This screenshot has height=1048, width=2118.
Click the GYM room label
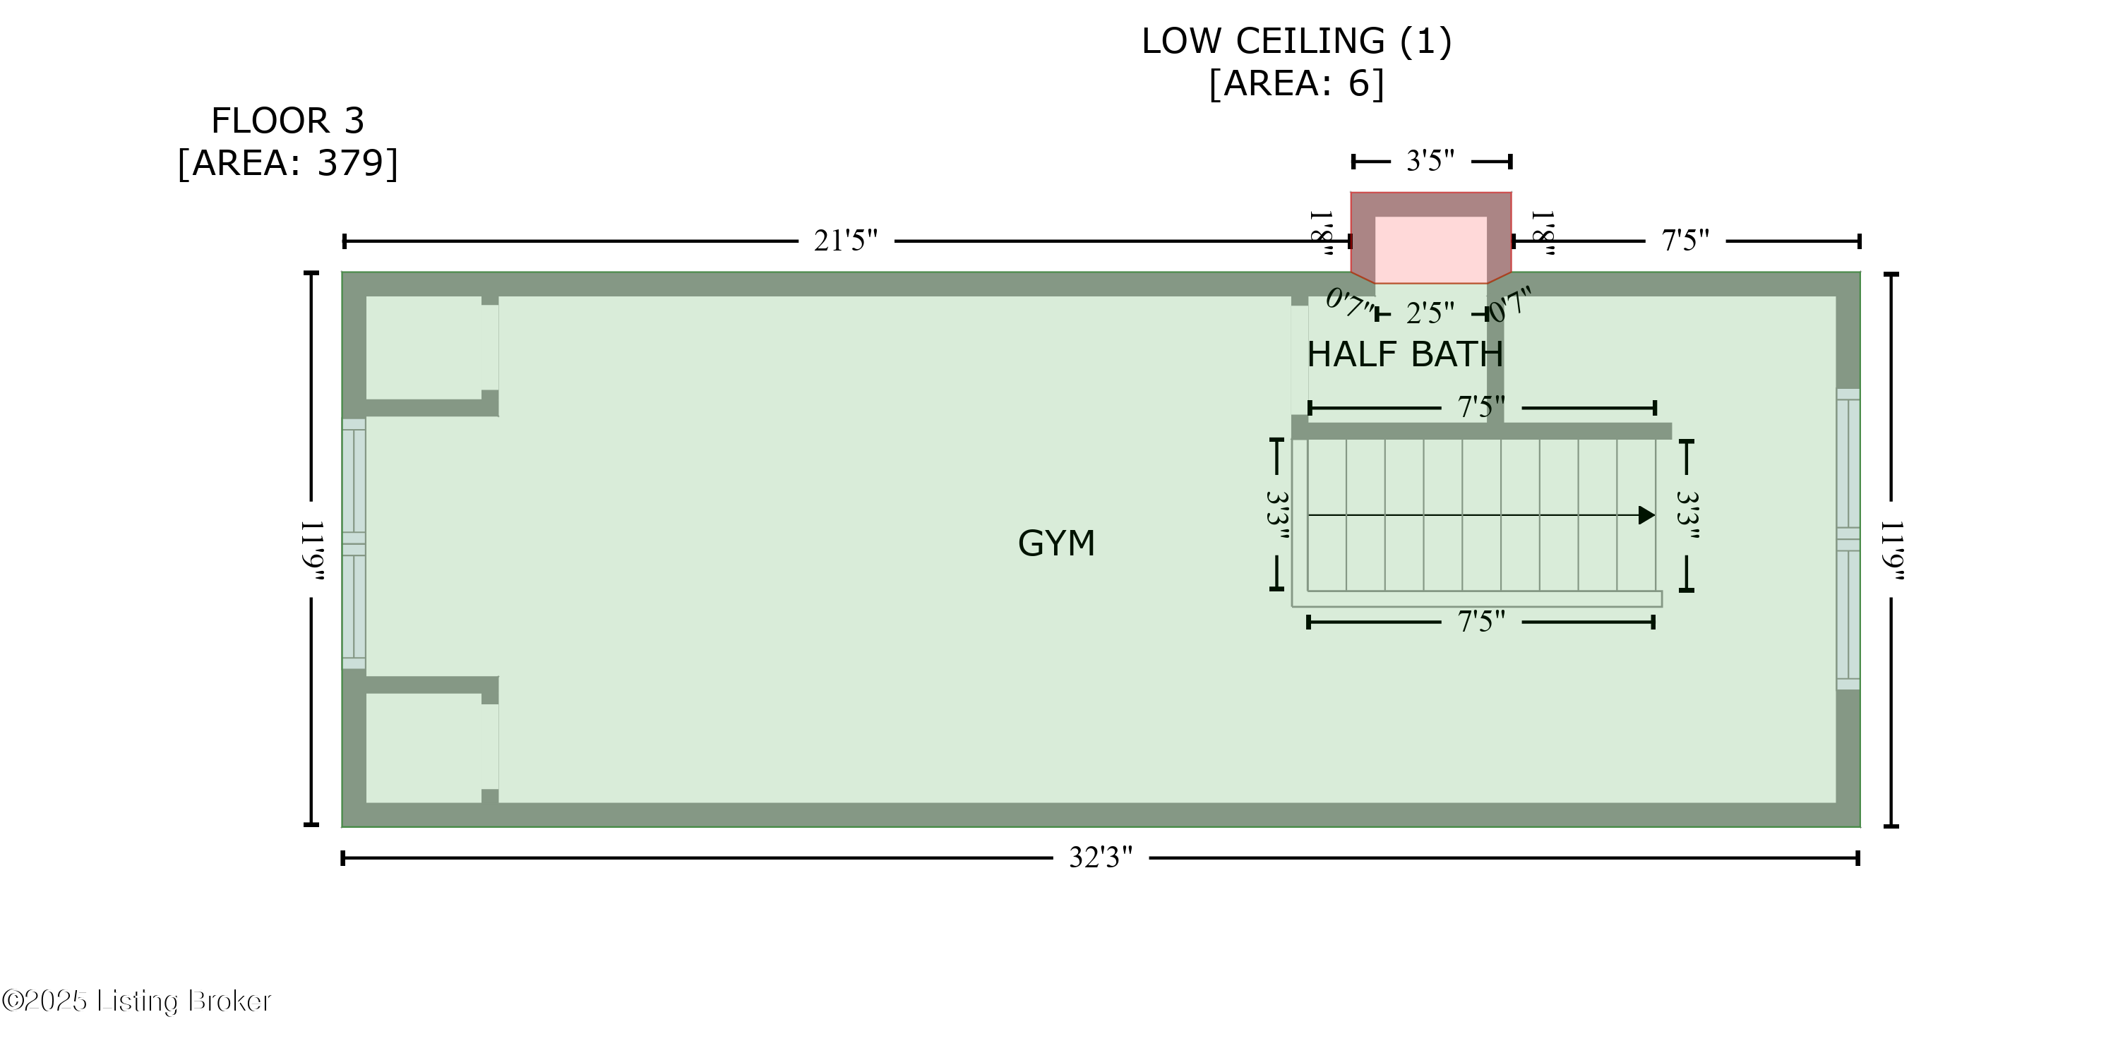(x=1057, y=543)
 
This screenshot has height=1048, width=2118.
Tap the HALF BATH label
(x=1405, y=354)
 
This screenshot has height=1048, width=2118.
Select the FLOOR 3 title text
(x=288, y=121)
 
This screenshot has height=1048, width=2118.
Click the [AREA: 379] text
(x=288, y=163)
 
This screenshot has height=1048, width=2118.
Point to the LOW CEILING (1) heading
(x=1297, y=41)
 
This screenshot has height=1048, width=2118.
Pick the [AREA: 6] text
(x=1297, y=83)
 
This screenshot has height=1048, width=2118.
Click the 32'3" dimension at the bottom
(x=1100, y=858)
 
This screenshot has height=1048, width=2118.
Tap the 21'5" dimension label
(x=846, y=241)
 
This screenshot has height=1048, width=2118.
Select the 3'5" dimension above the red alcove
(x=1430, y=161)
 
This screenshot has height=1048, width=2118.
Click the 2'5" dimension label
(x=1430, y=313)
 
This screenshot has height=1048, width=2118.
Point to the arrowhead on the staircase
(x=1647, y=515)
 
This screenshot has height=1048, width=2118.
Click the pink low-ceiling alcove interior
(x=1430, y=250)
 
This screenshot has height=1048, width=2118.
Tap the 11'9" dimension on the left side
(x=313, y=550)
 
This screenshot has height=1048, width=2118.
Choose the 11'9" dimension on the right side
(x=1891, y=550)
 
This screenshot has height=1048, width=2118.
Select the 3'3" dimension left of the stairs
(x=1277, y=515)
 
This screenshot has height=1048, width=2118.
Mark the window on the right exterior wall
(x=1848, y=539)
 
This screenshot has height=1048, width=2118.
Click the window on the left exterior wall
(x=354, y=543)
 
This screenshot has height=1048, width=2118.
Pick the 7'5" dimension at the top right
(x=1685, y=241)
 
